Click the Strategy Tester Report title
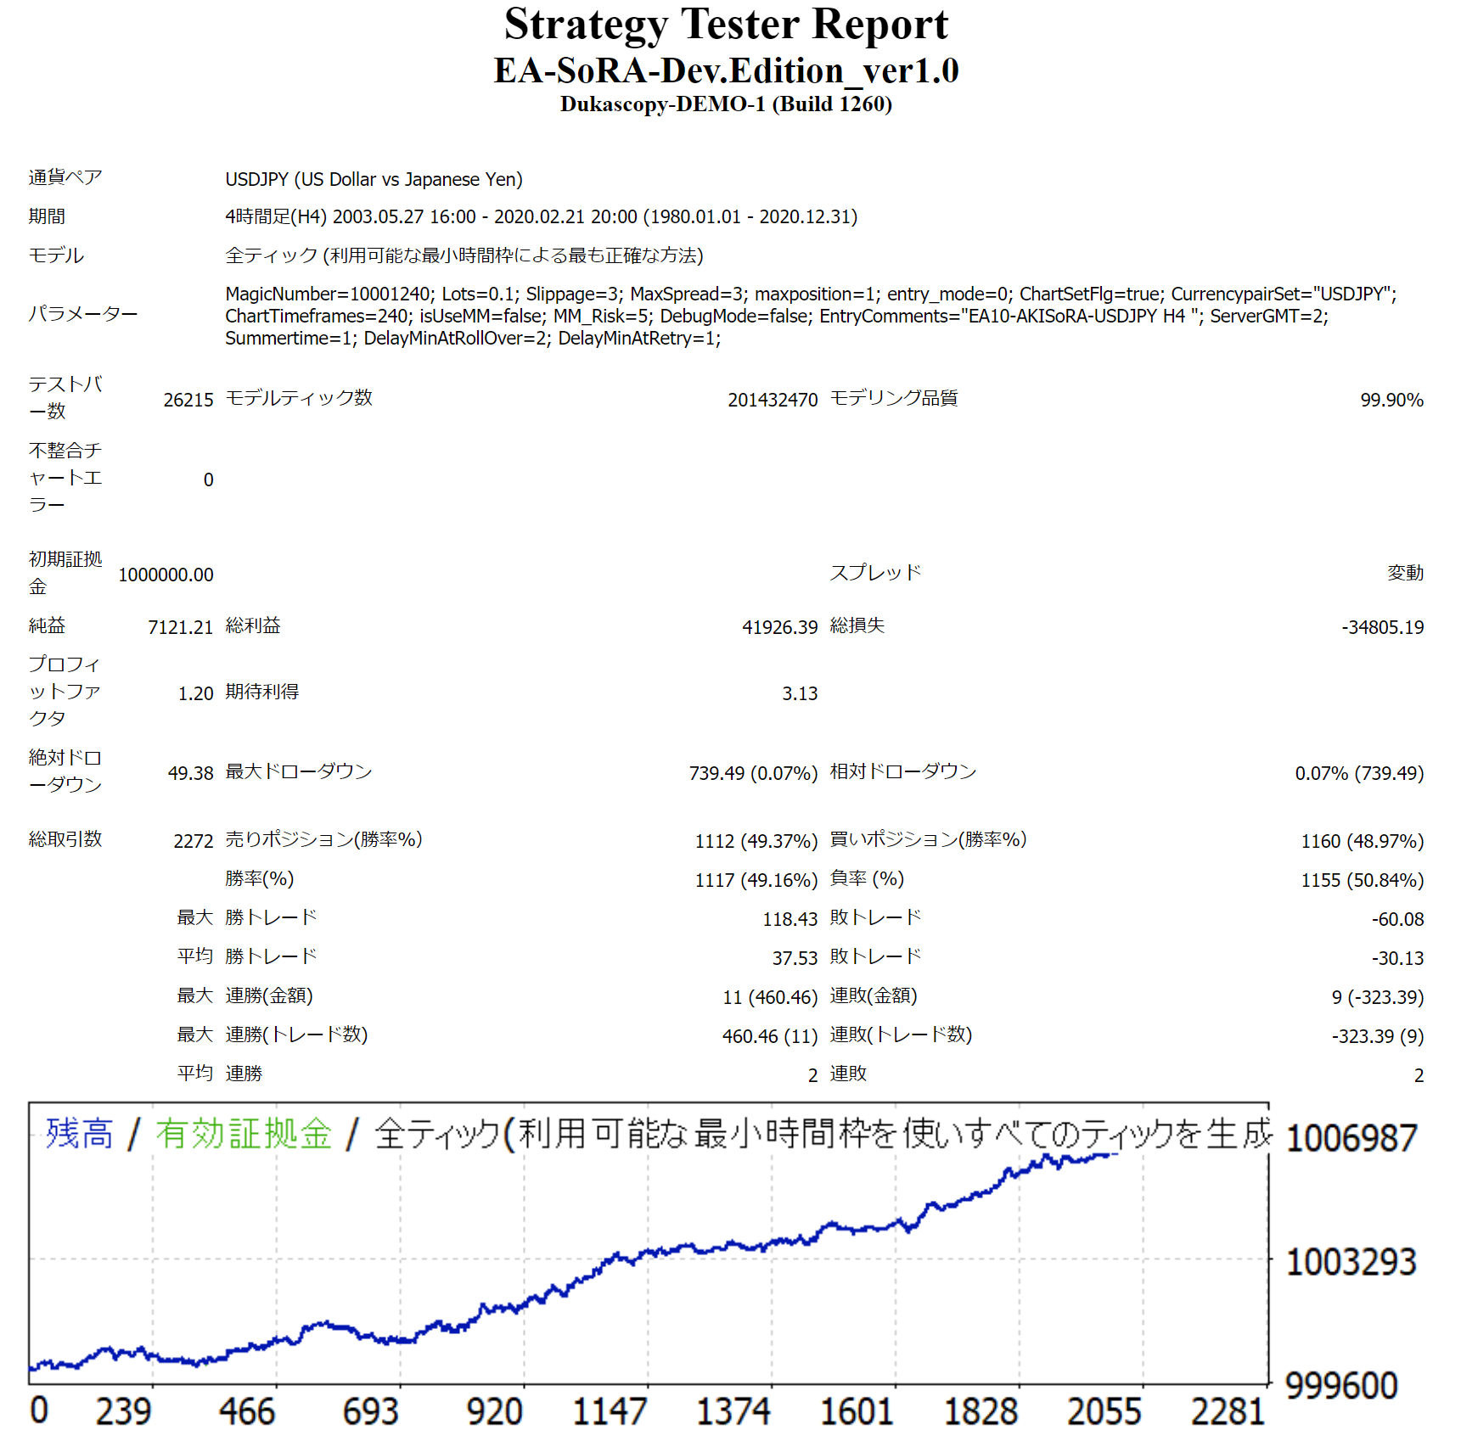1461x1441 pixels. (x=726, y=25)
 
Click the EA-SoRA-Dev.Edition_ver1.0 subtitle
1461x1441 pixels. (x=726, y=70)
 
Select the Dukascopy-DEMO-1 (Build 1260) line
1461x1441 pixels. (x=726, y=104)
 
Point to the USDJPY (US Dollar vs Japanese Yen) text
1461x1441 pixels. (x=374, y=179)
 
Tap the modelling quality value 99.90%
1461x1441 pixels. (x=1391, y=400)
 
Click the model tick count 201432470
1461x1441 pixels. (x=773, y=400)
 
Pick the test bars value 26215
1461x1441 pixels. (x=188, y=400)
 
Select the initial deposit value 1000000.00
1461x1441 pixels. (x=166, y=575)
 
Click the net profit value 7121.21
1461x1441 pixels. (x=180, y=627)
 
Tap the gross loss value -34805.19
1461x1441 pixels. (x=1382, y=627)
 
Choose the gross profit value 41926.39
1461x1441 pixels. (x=779, y=627)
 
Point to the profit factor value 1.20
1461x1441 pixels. (x=195, y=693)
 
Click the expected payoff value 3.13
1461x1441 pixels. (x=800, y=693)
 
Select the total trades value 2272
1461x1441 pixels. (x=194, y=841)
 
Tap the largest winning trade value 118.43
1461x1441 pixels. (x=790, y=919)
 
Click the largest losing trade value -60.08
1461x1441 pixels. (x=1397, y=919)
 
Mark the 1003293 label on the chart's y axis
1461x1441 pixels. (x=1351, y=1262)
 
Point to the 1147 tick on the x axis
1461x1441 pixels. (x=610, y=1411)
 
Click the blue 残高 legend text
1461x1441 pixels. (x=79, y=1134)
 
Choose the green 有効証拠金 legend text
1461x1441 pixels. (x=244, y=1134)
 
